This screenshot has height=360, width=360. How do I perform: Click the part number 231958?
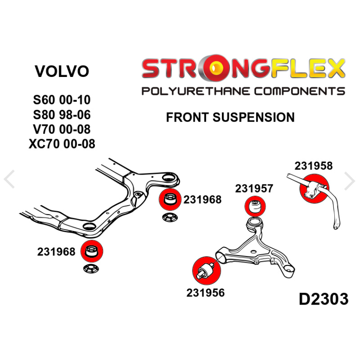pyautogui.click(x=313, y=166)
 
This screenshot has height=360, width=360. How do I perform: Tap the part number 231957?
pyautogui.click(x=254, y=189)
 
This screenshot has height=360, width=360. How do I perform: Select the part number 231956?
pyautogui.click(x=205, y=293)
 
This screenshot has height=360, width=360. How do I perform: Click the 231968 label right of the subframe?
pyautogui.click(x=202, y=200)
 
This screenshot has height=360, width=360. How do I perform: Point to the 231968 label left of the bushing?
pyautogui.click(x=56, y=252)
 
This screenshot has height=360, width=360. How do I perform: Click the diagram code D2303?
pyautogui.click(x=324, y=299)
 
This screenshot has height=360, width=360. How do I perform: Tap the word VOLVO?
pyautogui.click(x=62, y=71)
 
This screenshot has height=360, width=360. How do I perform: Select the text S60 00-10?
pyautogui.click(x=62, y=100)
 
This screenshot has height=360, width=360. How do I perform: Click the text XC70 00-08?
pyautogui.click(x=62, y=144)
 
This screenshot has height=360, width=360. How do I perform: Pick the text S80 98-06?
pyautogui.click(x=62, y=115)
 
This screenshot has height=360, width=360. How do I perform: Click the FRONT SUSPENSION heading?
pyautogui.click(x=230, y=117)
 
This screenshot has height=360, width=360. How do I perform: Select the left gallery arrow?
pyautogui.click(x=9, y=179)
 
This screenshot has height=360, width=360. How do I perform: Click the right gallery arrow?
pyautogui.click(x=350, y=181)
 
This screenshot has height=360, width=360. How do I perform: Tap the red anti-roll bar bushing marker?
pyautogui.click(x=314, y=189)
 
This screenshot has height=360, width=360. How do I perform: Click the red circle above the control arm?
pyautogui.click(x=255, y=206)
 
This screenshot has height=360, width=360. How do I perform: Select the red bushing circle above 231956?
pyautogui.click(x=207, y=271)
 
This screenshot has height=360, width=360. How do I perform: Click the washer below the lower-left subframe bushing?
pyautogui.click(x=91, y=268)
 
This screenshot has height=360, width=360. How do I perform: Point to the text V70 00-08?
pyautogui.click(x=62, y=129)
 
